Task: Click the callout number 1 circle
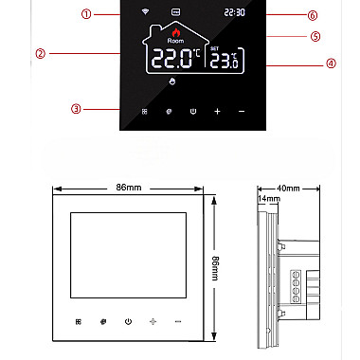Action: tap(86, 14)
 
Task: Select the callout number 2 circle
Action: tap(41, 53)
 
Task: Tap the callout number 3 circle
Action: tap(76, 109)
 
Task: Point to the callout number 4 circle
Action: tap(331, 63)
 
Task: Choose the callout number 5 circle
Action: tap(315, 36)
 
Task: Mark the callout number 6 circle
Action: tap(313, 15)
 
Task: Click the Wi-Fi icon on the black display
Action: tap(145, 11)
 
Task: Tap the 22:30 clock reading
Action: tap(235, 12)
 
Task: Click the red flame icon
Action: tap(175, 32)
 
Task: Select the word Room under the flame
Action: tap(175, 41)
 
